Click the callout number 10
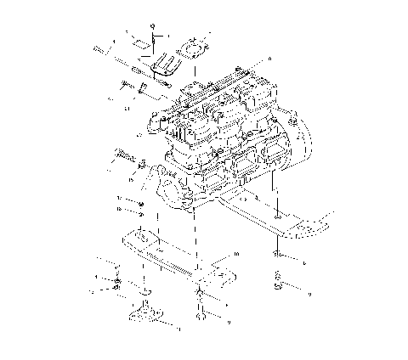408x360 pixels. click(x=236, y=254)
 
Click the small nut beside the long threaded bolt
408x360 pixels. click(x=143, y=163)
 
